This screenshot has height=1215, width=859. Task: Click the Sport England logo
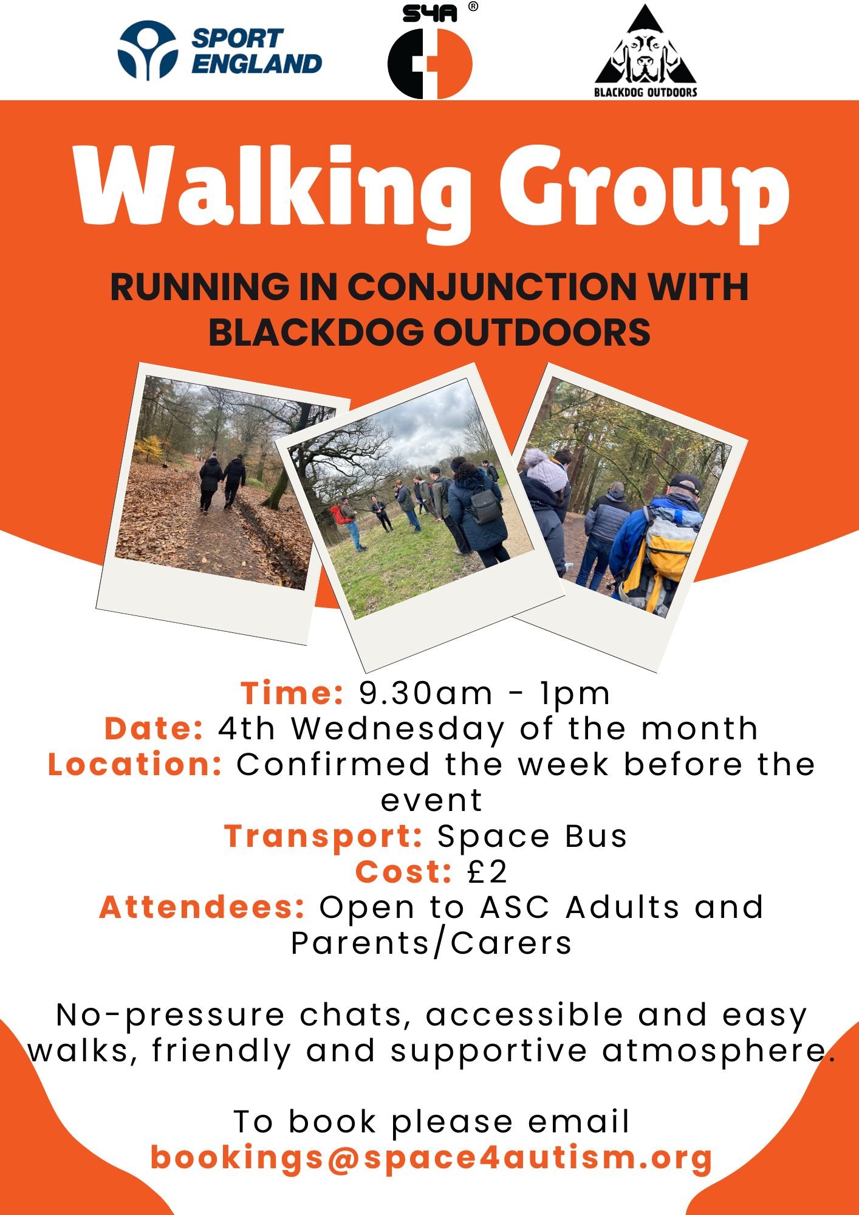pyautogui.click(x=220, y=51)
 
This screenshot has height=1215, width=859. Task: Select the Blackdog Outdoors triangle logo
pyautogui.click(x=646, y=51)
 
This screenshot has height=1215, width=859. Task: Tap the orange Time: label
pyautogui.click(x=292, y=693)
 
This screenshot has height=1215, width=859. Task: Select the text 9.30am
pyautogui.click(x=426, y=693)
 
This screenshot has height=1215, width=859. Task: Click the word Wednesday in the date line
pyautogui.click(x=398, y=728)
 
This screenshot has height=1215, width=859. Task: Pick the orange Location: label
pyautogui.click(x=135, y=764)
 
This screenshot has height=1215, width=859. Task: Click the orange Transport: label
pyautogui.click(x=323, y=837)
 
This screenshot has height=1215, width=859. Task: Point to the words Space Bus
pyautogui.click(x=532, y=837)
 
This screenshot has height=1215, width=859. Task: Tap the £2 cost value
pyautogui.click(x=487, y=872)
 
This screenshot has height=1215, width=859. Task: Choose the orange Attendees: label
pyautogui.click(x=202, y=907)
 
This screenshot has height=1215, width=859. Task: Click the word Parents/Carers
pyautogui.click(x=431, y=943)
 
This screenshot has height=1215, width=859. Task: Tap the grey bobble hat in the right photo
pyautogui.click(x=546, y=469)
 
